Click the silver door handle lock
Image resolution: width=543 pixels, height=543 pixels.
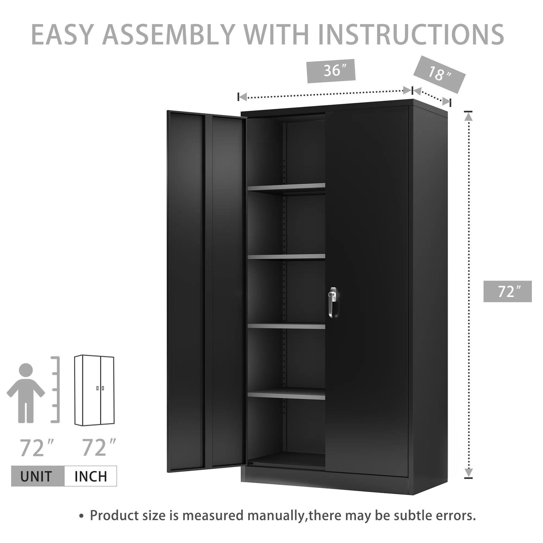pos(333,302)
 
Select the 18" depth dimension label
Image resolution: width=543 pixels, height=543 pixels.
pos(439,74)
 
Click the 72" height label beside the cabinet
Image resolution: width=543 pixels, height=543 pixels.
pos(507,291)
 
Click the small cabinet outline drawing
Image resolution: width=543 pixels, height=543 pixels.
pos(94,391)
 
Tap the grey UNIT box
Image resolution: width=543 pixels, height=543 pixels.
pos(38,476)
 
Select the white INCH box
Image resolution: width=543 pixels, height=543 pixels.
pos(90,476)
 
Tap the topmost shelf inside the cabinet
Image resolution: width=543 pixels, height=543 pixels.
pos(286,188)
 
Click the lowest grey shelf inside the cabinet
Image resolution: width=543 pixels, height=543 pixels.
pos(286,395)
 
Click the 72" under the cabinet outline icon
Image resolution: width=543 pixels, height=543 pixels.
pos(98,448)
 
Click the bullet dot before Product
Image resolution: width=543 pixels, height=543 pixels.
pos(81,516)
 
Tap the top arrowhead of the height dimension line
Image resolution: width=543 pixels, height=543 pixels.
pos(468,116)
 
